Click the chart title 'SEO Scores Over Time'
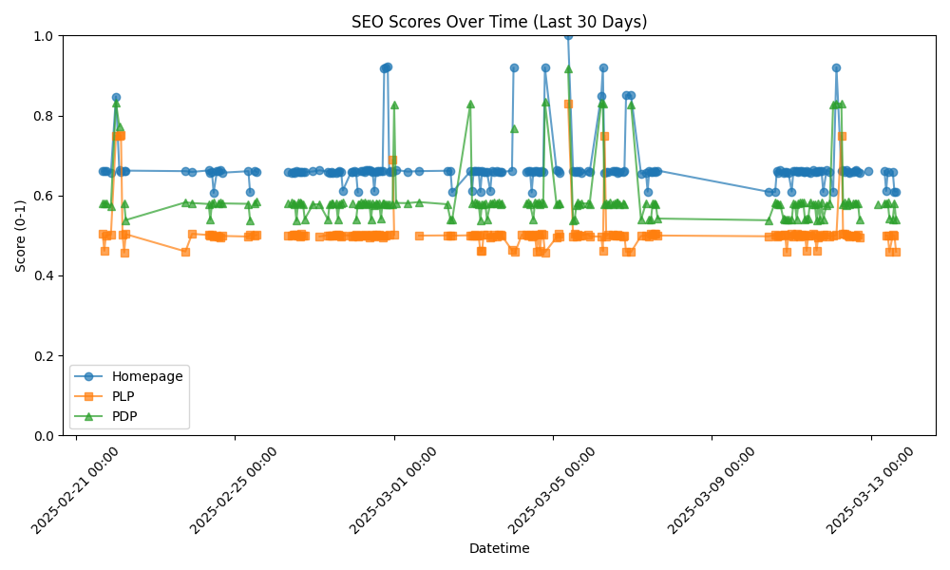pyautogui.click(x=499, y=22)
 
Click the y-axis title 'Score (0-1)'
pyautogui.click(x=21, y=236)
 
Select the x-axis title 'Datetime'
pyautogui.click(x=499, y=548)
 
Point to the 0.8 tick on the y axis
pyautogui.click(x=45, y=116)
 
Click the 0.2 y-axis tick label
pyautogui.click(x=45, y=355)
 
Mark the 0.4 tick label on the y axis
pyautogui.click(x=45, y=275)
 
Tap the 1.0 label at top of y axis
pyautogui.click(x=45, y=36)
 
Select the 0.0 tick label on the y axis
pyautogui.click(x=45, y=435)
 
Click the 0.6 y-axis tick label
pyautogui.click(x=45, y=196)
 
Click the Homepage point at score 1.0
pyautogui.click(x=568, y=36)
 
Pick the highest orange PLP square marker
pyautogui.click(x=568, y=104)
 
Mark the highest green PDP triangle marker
pyautogui.click(x=568, y=68)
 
